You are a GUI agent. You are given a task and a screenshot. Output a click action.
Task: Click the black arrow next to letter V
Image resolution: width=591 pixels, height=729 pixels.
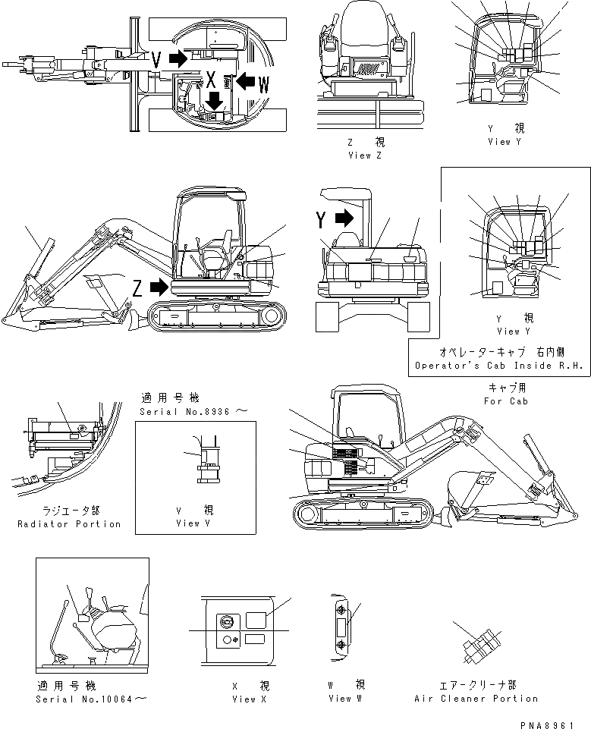click(177, 58)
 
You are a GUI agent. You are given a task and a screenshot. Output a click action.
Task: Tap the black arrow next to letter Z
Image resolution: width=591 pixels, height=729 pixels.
click(159, 287)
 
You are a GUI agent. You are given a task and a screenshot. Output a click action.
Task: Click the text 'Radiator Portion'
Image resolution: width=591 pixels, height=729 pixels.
click(69, 524)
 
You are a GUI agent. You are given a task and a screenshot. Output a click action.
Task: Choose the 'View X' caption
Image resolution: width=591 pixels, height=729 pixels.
click(250, 699)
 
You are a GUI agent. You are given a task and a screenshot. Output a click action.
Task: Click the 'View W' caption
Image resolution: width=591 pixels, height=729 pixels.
click(340, 699)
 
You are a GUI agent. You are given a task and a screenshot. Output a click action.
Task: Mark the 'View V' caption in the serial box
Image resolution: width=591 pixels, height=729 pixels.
click(187, 523)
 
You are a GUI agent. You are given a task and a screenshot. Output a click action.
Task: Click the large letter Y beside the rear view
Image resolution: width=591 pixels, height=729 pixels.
click(322, 220)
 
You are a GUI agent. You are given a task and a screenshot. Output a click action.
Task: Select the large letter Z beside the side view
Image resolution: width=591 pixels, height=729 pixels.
click(137, 288)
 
